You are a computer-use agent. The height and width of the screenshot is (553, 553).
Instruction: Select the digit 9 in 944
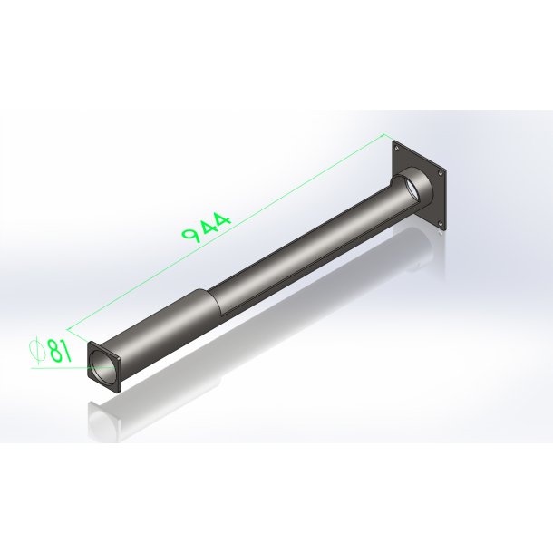[190, 234]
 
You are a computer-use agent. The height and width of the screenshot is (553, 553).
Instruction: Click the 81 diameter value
[61, 351]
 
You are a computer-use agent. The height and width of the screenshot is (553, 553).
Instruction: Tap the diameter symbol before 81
[38, 352]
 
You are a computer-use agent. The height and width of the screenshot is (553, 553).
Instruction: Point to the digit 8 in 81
[55, 352]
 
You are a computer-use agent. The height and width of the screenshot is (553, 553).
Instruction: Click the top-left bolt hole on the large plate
[397, 148]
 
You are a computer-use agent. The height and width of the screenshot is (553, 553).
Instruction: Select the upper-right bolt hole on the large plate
[440, 173]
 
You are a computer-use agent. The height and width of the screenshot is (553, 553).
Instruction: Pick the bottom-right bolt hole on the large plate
[440, 223]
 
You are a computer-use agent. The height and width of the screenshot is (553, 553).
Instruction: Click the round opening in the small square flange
[103, 368]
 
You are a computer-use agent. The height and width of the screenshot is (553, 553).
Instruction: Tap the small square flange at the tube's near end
[104, 367]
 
